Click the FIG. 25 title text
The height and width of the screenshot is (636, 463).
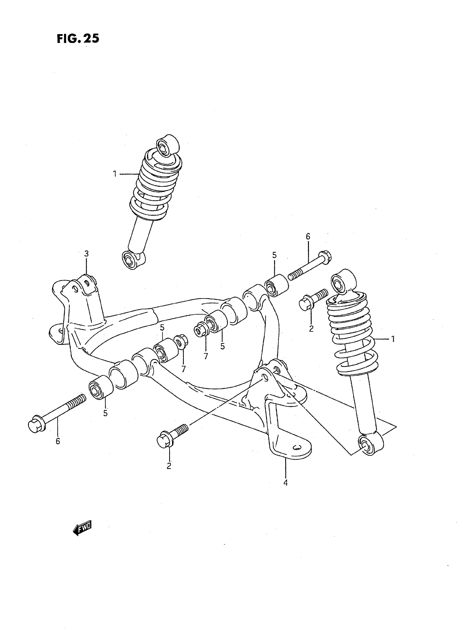pyautogui.click(x=78, y=38)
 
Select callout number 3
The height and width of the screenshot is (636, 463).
pyautogui.click(x=86, y=254)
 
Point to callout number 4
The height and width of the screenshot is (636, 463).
pyautogui.click(x=285, y=483)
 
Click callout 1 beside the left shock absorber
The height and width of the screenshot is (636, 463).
pyautogui.click(x=115, y=174)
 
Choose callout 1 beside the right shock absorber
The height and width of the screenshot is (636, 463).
pyautogui.click(x=393, y=339)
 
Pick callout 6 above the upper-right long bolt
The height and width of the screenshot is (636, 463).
pyautogui.click(x=308, y=237)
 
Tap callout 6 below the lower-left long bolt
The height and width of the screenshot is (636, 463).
pyautogui.click(x=57, y=441)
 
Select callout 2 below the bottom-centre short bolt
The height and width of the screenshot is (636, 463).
pyautogui.click(x=169, y=466)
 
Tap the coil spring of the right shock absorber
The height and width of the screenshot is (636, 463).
pyautogui.click(x=352, y=331)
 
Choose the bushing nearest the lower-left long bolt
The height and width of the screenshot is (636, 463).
pyautogui.click(x=100, y=387)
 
